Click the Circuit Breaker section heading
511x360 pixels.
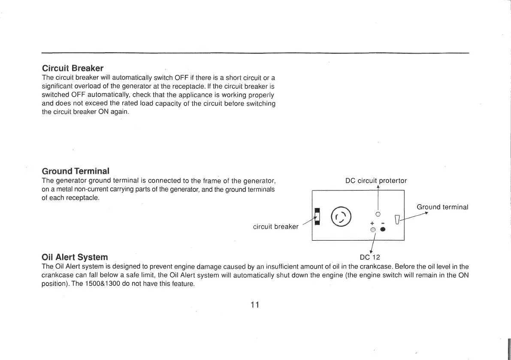point(73,68)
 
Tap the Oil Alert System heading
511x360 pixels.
point(75,257)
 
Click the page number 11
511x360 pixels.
point(255,305)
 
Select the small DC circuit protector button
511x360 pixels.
point(378,214)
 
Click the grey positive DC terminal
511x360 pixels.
point(373,230)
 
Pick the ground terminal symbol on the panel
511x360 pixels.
point(397,220)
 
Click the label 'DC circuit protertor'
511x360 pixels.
point(376,181)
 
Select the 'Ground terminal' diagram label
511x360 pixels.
point(442,207)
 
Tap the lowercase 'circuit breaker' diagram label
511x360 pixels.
point(275,227)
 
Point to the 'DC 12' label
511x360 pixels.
point(370,257)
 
